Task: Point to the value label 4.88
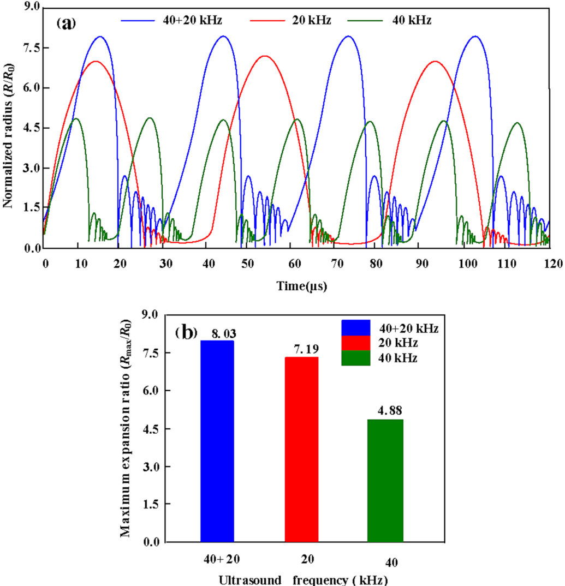click(x=385, y=410)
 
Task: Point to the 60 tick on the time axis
click(x=296, y=264)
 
